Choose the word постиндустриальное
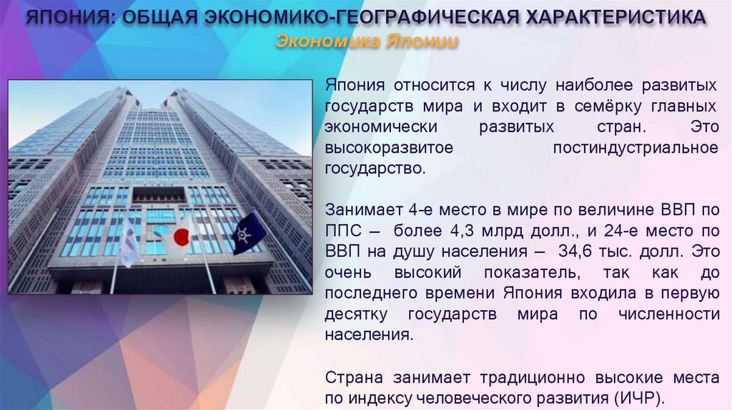coord(635,148)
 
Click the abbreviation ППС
coord(342,231)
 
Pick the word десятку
coord(356,314)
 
